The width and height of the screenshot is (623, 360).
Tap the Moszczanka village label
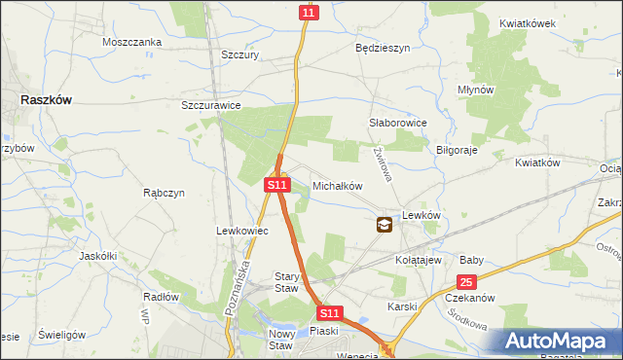(131, 43)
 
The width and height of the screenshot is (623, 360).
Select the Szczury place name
(239, 56)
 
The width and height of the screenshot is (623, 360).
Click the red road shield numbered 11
(309, 12)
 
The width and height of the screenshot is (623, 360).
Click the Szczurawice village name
(211, 105)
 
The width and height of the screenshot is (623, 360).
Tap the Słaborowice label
(398, 124)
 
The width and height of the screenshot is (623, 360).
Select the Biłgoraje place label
(457, 151)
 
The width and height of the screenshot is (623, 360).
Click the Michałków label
(337, 185)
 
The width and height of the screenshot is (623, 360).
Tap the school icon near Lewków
(385, 225)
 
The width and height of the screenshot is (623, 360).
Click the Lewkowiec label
(240, 231)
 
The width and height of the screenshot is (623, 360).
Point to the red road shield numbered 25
(466, 282)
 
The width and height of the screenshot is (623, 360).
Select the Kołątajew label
(420, 261)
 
